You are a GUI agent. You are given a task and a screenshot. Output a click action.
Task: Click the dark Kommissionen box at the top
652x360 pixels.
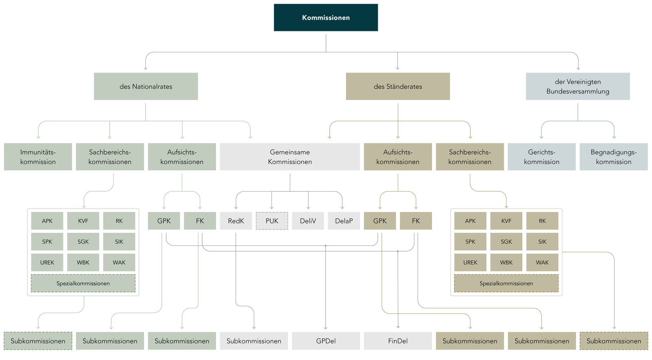(326, 18)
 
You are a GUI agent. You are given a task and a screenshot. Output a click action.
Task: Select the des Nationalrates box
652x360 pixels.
(146, 86)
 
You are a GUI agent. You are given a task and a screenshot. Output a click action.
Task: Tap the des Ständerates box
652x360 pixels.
(398, 86)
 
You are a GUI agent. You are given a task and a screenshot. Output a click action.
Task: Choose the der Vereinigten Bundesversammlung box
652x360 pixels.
(577, 86)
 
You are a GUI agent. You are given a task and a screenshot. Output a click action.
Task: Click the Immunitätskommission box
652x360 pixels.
(38, 157)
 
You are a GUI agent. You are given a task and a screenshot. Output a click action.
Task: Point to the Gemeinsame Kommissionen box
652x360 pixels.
(290, 157)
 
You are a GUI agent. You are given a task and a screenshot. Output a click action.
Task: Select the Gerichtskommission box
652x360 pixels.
(542, 157)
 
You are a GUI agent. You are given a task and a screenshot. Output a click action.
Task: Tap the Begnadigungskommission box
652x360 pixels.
(613, 157)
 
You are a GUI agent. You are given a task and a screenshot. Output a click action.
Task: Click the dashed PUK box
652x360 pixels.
(272, 221)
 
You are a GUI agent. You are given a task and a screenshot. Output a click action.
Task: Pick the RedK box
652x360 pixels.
(236, 221)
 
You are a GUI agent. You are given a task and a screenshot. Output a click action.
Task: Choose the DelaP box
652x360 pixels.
(344, 221)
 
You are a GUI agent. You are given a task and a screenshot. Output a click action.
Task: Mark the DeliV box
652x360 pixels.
(308, 221)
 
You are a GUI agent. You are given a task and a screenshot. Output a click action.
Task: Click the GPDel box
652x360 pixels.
(326, 341)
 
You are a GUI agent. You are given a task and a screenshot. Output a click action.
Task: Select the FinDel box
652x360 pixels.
(398, 341)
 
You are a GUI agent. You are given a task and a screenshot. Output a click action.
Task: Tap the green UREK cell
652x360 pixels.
(47, 263)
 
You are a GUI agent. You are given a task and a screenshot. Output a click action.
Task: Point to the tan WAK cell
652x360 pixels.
(542, 263)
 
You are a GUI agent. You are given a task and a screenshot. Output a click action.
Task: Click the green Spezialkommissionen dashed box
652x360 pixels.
(83, 283)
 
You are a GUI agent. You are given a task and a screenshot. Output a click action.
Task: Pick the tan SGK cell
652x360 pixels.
(506, 242)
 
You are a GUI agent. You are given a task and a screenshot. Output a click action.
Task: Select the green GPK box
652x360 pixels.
(164, 221)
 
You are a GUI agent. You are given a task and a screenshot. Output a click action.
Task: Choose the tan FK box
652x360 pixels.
(416, 221)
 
